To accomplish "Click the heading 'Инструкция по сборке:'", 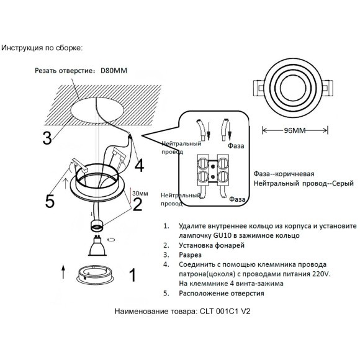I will tap(42, 47).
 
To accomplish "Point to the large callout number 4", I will tap(139, 166).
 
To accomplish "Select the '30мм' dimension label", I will tap(140, 193).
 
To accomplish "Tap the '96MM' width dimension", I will tap(294, 131).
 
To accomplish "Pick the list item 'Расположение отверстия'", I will tap(221, 293).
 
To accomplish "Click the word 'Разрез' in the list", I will tap(190, 254).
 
